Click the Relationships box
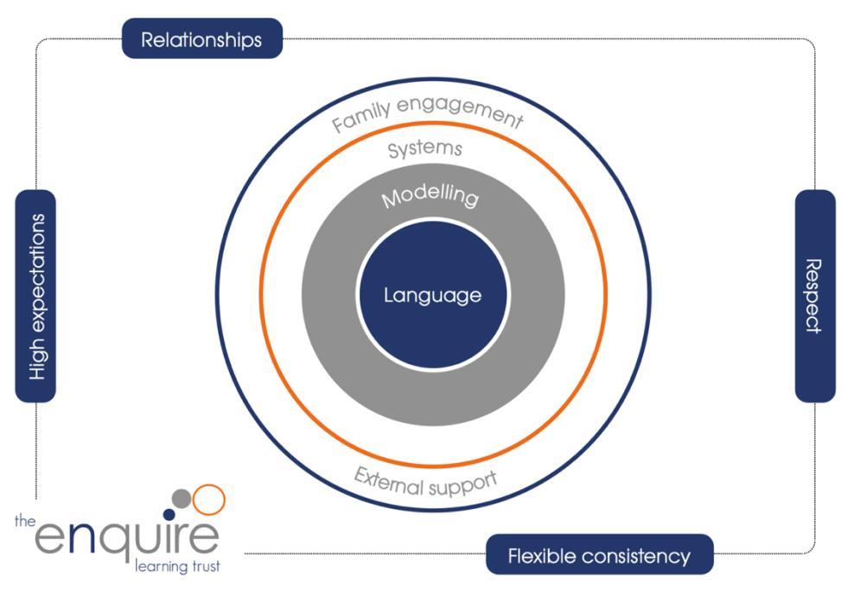(201, 39)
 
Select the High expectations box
(35, 296)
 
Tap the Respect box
(814, 295)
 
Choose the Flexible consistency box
(599, 555)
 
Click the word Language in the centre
(432, 295)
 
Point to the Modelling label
(430, 196)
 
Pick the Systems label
(424, 149)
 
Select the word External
(388, 478)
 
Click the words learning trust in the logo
(177, 567)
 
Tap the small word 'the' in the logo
(24, 520)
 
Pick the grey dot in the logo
(182, 498)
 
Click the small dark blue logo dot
(169, 514)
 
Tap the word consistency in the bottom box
(641, 555)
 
